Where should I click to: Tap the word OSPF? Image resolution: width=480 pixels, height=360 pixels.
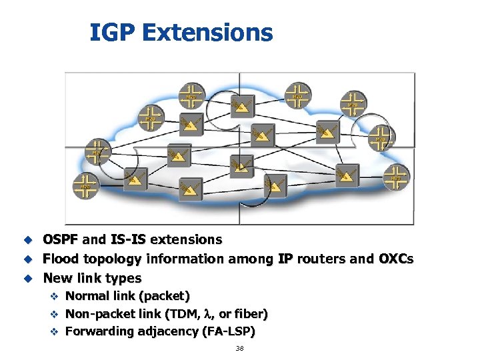click(61, 239)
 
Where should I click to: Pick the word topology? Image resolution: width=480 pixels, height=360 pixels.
click(114, 258)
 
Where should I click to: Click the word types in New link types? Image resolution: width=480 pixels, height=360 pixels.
click(123, 277)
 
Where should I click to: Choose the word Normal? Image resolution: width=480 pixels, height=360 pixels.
click(90, 295)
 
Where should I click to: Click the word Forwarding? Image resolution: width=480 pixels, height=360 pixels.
click(101, 331)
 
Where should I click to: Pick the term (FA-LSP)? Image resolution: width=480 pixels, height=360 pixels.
click(227, 331)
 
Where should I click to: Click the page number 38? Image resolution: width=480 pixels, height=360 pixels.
click(239, 349)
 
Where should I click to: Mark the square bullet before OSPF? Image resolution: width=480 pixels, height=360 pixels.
click(29, 239)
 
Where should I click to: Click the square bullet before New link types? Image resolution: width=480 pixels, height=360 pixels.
click(29, 278)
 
